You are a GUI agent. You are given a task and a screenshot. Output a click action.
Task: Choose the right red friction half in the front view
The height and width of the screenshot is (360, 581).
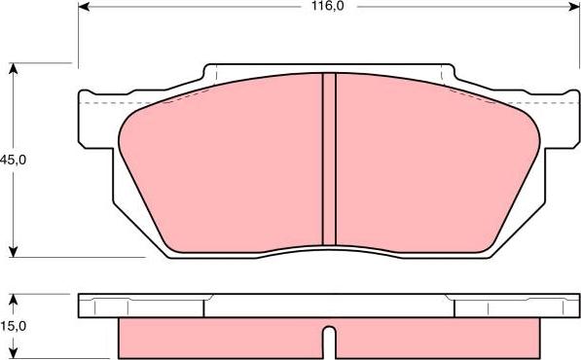point(428,165)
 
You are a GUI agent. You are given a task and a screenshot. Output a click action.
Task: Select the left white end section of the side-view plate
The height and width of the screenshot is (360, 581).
point(141,306)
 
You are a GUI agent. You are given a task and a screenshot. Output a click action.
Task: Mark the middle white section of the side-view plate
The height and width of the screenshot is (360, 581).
point(329,306)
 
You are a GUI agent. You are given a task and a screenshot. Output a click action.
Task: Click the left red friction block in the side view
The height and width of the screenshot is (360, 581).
point(219,337)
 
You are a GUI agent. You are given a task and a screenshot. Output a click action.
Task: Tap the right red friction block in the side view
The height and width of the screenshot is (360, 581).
point(438,337)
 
